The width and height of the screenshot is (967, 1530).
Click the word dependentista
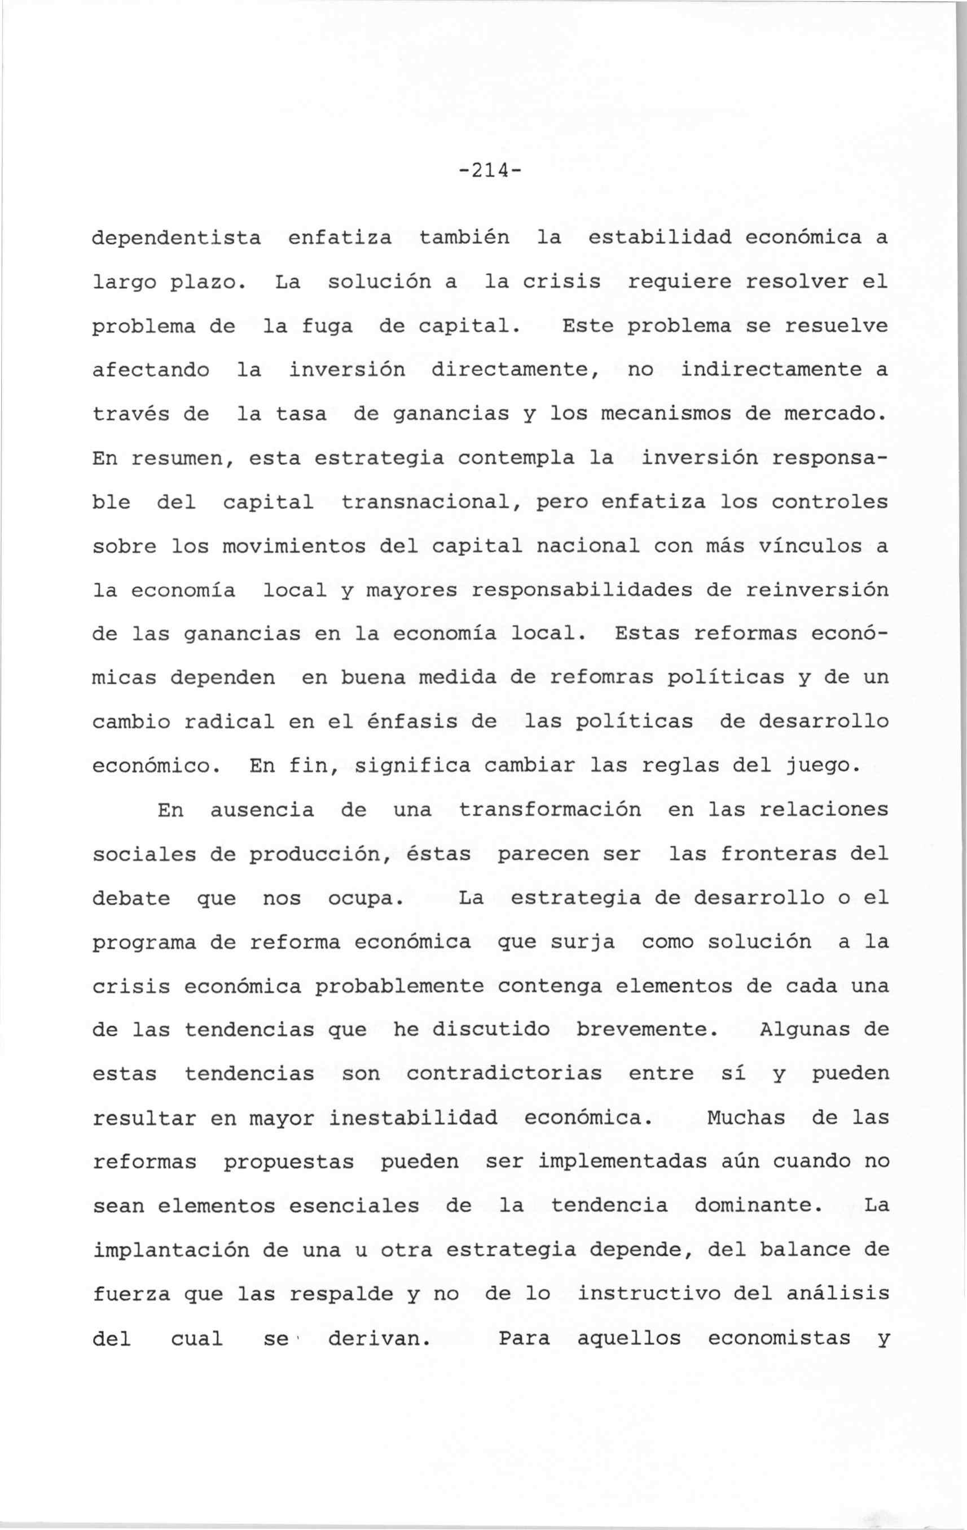[x=176, y=238]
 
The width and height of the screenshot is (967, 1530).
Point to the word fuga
[x=327, y=327]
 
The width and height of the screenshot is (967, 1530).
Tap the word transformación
[x=550, y=810]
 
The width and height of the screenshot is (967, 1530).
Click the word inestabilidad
[x=412, y=1118]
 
